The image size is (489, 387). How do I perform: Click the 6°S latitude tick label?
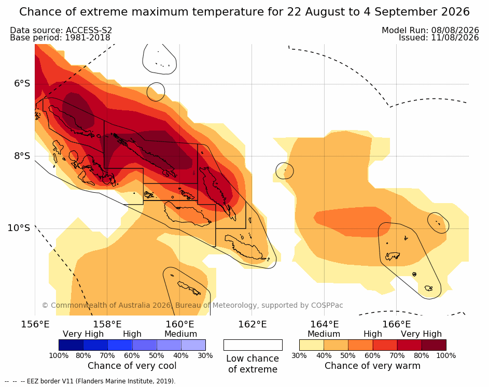coord(22,83)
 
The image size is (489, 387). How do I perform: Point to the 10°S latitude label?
coord(19,228)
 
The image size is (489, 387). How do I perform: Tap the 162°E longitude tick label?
coord(253,324)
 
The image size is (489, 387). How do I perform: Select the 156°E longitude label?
coord(35,324)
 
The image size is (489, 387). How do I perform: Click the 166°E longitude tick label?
coord(396,324)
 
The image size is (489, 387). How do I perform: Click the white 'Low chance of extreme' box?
coord(253,345)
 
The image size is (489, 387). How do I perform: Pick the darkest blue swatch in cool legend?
coord(71,345)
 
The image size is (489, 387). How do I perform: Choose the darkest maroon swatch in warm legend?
coord(434,345)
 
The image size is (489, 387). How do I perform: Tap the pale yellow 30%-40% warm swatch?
coord(312,345)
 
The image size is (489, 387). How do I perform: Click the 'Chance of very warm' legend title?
coord(372,366)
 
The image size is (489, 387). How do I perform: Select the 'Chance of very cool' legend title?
coord(132,366)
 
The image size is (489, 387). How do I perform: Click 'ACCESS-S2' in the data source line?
coord(89,30)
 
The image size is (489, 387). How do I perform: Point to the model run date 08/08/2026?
coord(455,30)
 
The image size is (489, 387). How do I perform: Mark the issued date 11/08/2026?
coord(455,38)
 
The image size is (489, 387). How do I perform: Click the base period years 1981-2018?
coord(87,38)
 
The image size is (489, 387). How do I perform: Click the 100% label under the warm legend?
coord(446,355)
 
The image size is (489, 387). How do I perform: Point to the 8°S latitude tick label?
coord(22,156)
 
